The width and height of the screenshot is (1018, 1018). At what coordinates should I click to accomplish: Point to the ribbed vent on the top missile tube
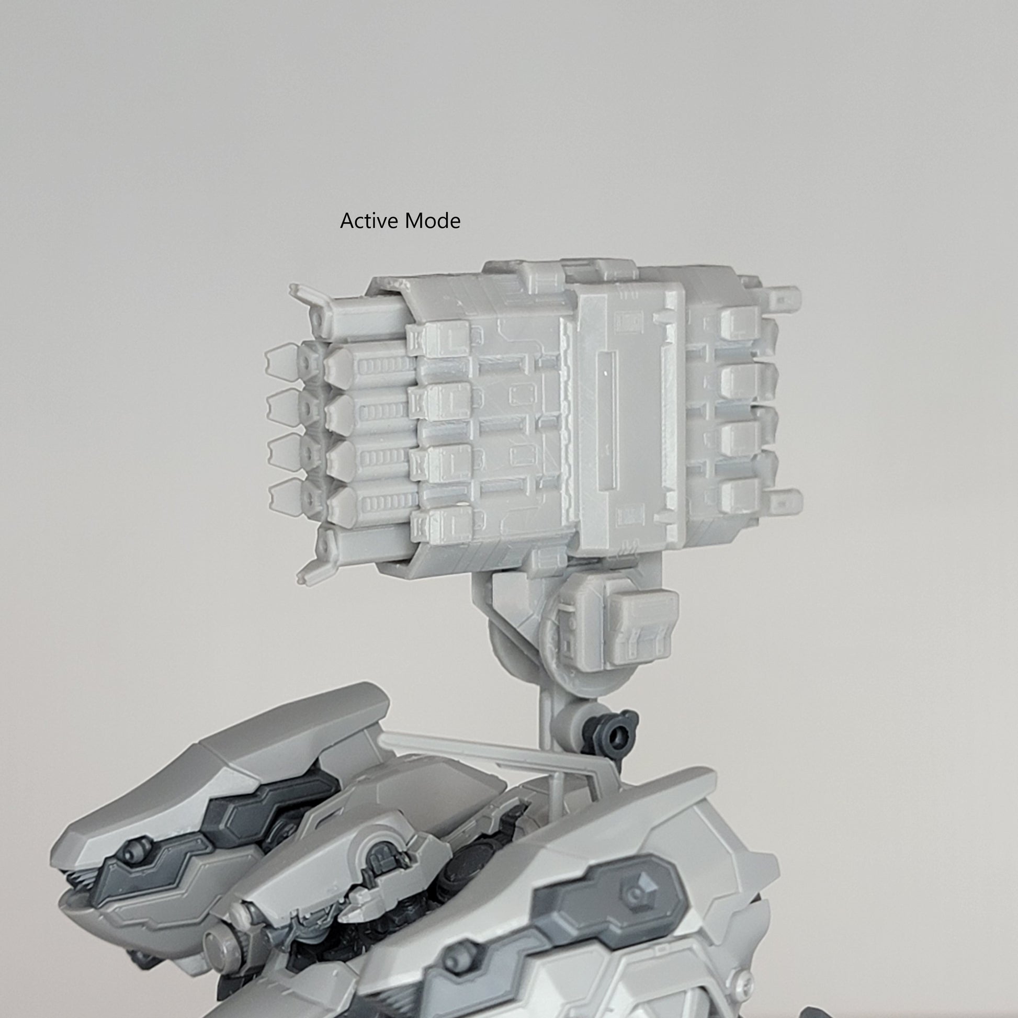[x=384, y=365]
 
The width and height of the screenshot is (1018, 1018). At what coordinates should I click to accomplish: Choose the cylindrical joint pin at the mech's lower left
[x=217, y=939]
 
